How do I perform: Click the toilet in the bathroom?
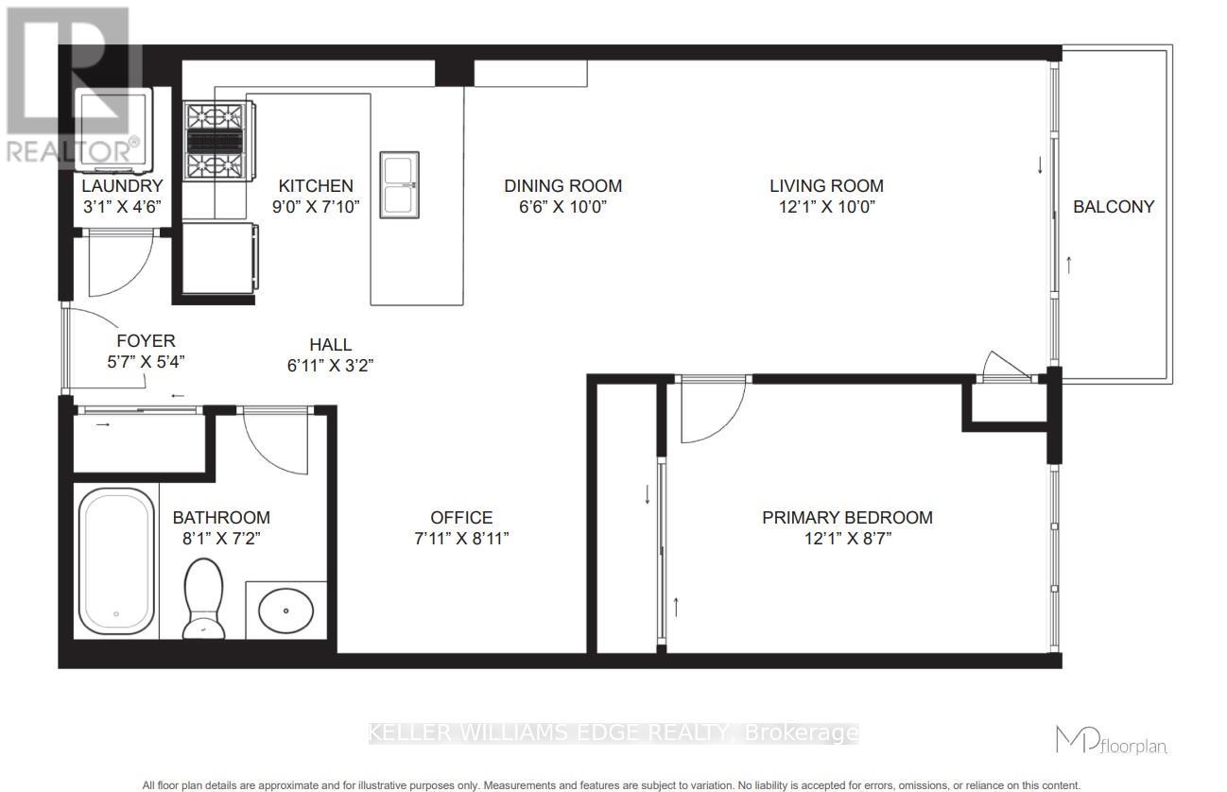coord(201,598)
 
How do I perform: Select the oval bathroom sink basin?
coord(285,611)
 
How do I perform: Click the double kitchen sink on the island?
coord(399,184)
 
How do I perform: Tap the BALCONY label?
coord(1114,207)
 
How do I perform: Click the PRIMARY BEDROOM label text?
coord(847,518)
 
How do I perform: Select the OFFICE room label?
coord(461,518)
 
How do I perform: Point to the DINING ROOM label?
coord(562,186)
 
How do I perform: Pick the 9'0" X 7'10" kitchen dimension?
coord(315,207)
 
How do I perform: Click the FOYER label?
coord(146,341)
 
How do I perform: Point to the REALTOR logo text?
coord(72,150)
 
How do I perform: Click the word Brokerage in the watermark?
coord(802,732)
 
